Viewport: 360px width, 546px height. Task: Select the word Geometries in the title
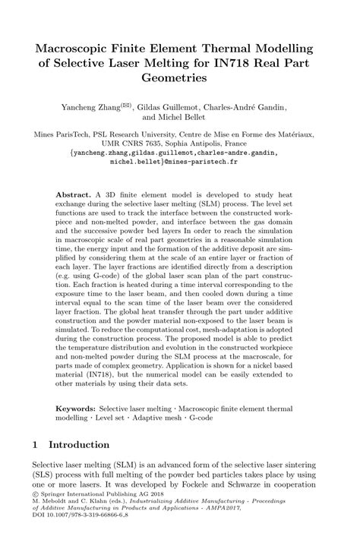pyautogui.click(x=179, y=77)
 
